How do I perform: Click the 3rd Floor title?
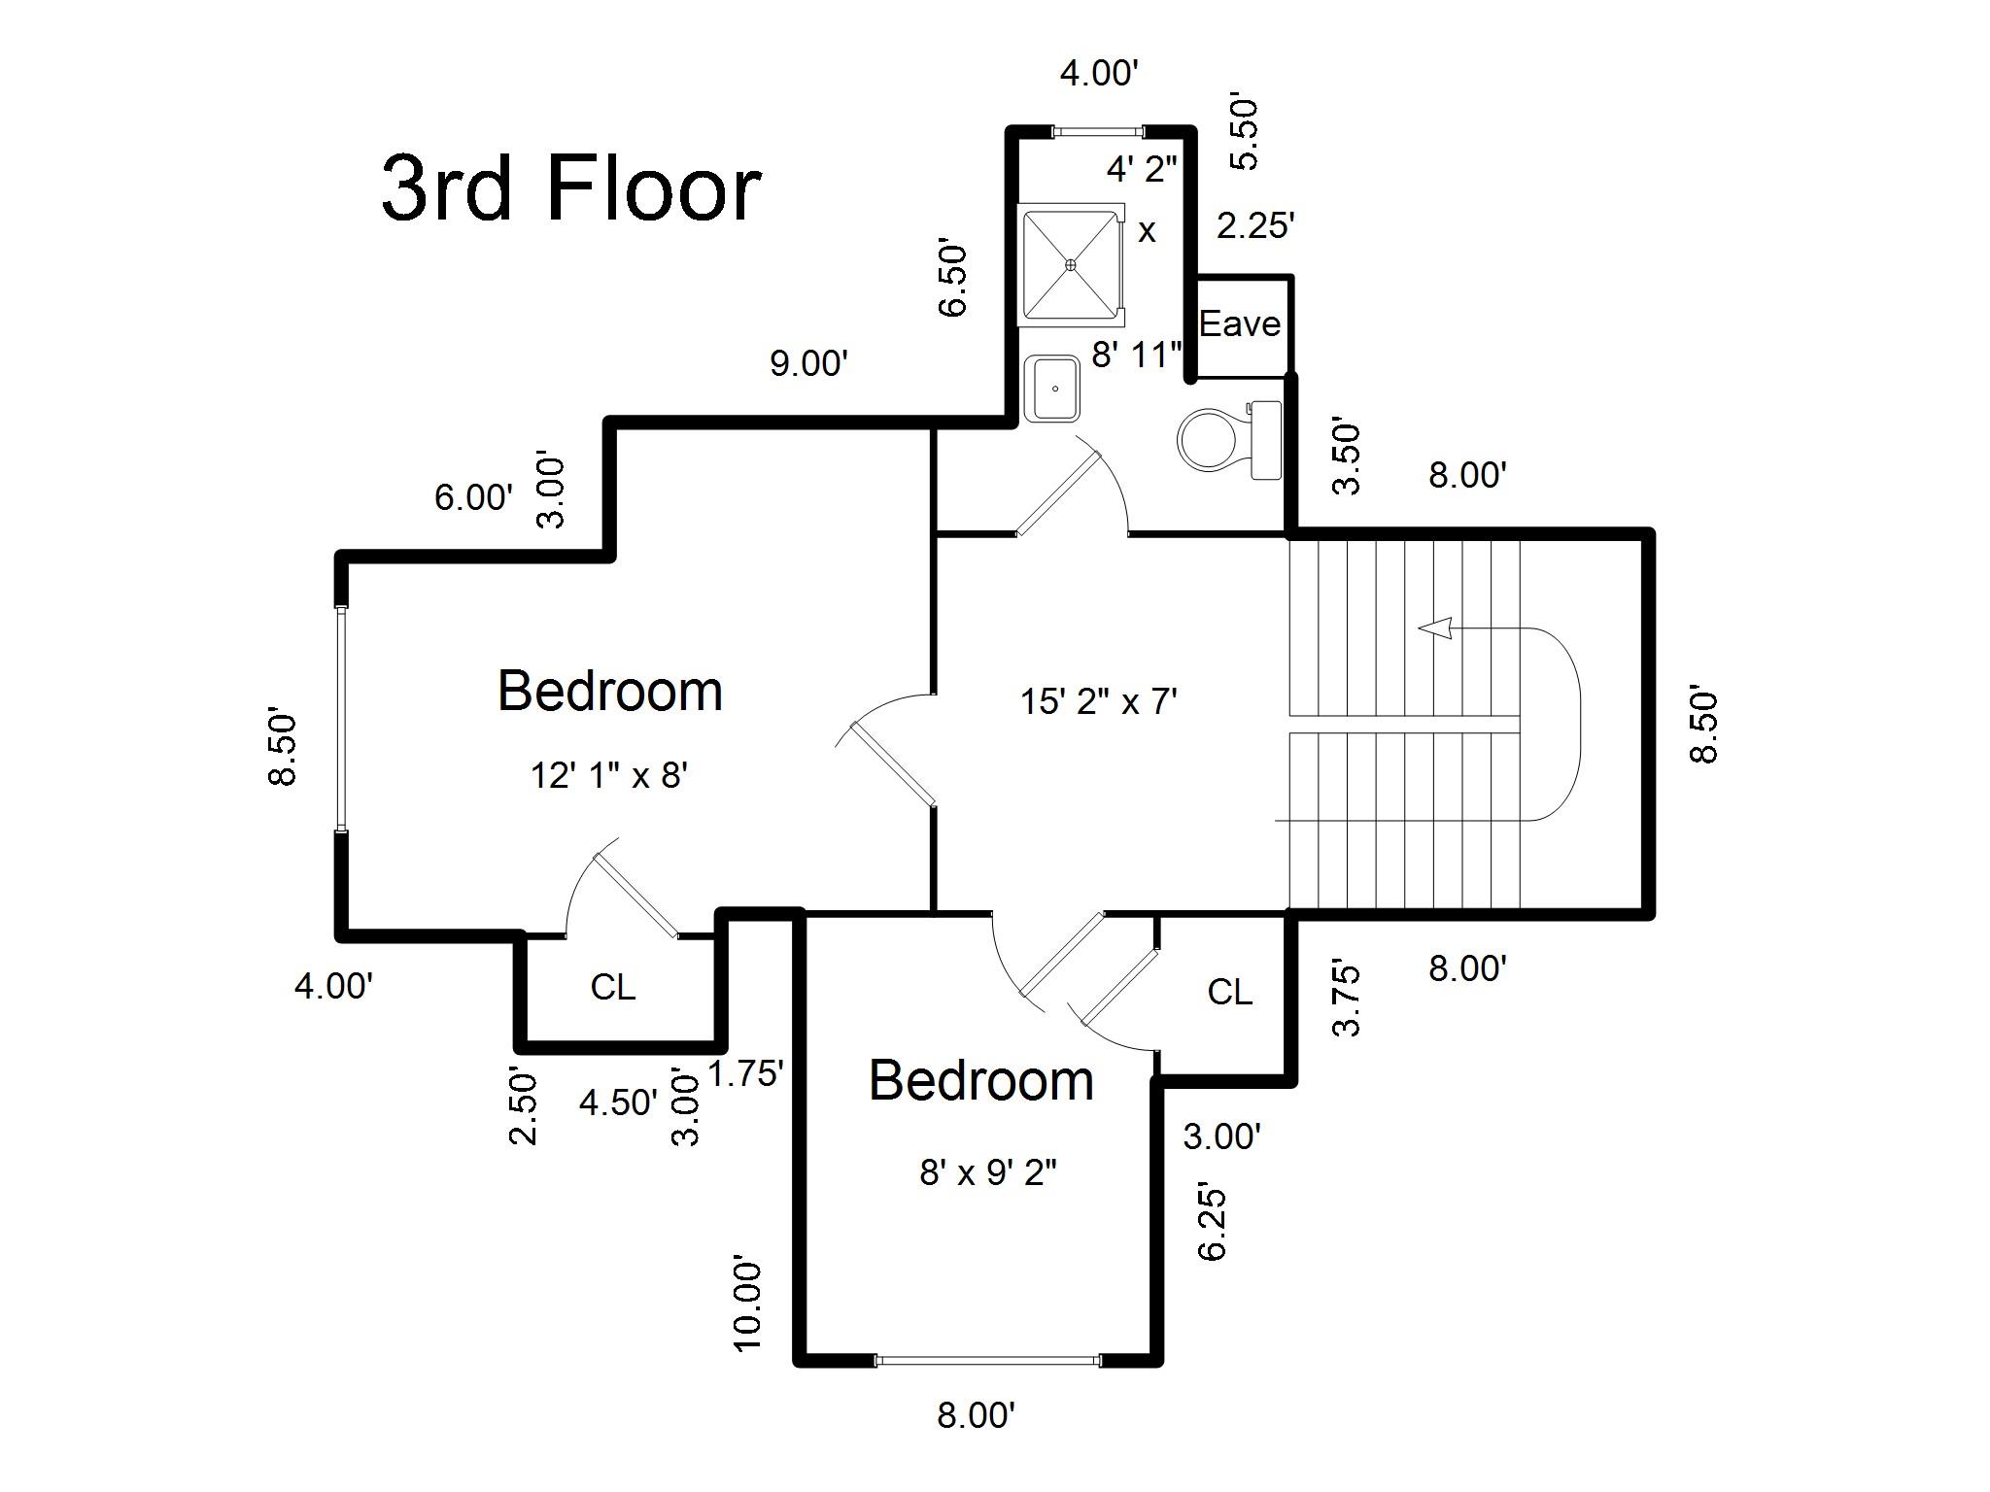[570, 188]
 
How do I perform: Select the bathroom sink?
[1052, 388]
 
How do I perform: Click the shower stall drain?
[1071, 263]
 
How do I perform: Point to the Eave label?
[1239, 323]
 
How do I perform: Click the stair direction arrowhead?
[1435, 628]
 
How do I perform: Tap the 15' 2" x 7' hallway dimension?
[1098, 700]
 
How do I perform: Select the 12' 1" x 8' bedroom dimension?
[609, 775]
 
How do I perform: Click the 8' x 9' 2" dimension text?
[987, 1172]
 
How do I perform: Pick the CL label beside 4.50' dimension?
[612, 987]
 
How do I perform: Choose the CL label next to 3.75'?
[1229, 992]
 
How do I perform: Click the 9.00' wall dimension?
[808, 363]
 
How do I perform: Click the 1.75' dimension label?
[745, 1073]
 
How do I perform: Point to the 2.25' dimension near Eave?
[1255, 225]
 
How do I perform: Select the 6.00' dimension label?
[473, 497]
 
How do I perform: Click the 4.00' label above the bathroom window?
[1099, 73]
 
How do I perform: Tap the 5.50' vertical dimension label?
[1244, 133]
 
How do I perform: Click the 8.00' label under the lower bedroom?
[976, 1415]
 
